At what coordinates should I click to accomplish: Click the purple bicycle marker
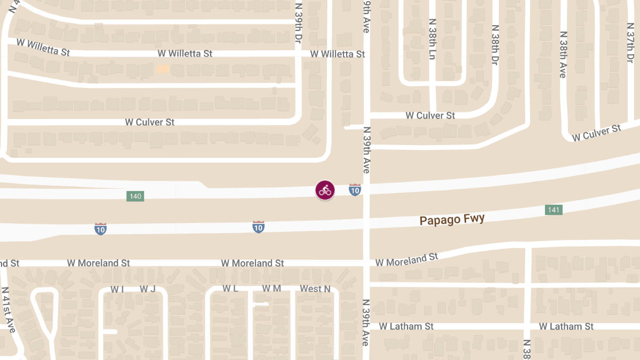[325, 190]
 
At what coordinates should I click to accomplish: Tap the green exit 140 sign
[135, 196]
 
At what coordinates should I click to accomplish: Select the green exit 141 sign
[554, 210]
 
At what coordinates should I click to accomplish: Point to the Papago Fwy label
[452, 219]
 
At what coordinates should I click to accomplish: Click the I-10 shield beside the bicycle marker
[355, 189]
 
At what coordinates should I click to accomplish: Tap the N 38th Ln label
[433, 39]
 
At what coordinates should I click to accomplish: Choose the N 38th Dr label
[495, 45]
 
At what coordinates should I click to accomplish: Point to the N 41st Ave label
[11, 310]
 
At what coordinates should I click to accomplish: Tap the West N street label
[315, 289]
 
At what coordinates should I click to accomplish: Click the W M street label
[271, 289]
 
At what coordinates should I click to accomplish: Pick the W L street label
[230, 289]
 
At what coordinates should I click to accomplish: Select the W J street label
[147, 289]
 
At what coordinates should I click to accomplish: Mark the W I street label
[117, 289]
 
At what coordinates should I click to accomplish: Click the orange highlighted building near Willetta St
[163, 69]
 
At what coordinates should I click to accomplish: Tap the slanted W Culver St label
[596, 133]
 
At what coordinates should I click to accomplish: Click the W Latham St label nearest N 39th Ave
[406, 326]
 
